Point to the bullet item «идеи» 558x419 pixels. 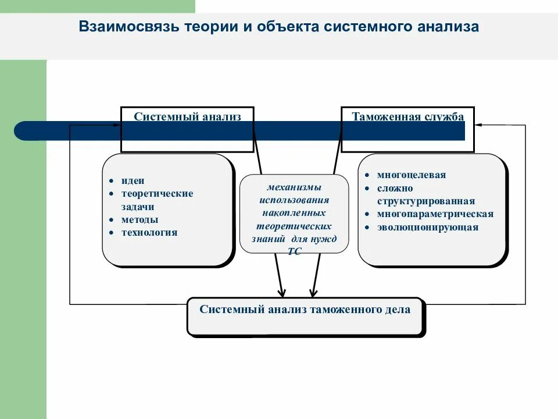[133, 180]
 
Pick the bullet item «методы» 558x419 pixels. [139, 219]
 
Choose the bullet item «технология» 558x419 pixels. [149, 232]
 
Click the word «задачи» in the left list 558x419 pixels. [138, 207]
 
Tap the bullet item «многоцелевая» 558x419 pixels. [412, 175]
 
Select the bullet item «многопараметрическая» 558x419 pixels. [435, 214]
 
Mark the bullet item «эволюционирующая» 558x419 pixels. [427, 227]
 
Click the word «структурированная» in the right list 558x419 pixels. [425, 201]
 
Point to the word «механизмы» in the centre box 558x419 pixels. [294, 187]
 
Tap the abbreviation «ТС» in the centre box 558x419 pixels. [294, 251]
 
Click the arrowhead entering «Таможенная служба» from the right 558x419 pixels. [478, 124]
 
